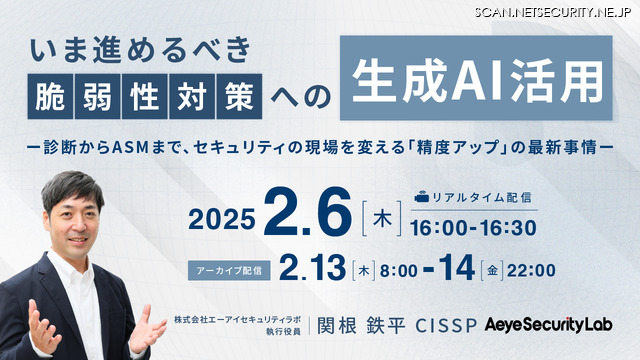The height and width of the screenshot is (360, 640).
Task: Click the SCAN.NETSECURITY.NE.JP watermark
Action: [553, 12]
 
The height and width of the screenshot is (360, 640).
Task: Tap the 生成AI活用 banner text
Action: [476, 80]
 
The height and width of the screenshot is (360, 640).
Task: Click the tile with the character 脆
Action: [50, 97]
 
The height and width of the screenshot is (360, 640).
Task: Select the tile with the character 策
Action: [239, 97]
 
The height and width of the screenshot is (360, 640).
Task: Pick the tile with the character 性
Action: [144, 97]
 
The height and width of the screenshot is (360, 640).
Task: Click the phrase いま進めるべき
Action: [140, 50]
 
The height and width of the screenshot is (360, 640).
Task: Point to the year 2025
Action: [222, 220]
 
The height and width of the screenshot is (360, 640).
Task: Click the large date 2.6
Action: [307, 212]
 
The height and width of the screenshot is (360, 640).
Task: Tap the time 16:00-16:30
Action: [473, 228]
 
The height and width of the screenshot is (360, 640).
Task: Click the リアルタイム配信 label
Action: [481, 198]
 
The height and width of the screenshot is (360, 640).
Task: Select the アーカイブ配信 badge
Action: [229, 270]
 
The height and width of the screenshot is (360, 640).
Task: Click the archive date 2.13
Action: [312, 268]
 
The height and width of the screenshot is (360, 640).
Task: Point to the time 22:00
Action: [531, 270]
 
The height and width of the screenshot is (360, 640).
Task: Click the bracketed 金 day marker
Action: [492, 270]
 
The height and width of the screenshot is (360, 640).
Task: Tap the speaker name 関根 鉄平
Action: [361, 326]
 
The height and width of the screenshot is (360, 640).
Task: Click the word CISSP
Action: [446, 326]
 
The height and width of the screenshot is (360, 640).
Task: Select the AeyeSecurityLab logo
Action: [549, 325]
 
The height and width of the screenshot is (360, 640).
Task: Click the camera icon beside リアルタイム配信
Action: [422, 198]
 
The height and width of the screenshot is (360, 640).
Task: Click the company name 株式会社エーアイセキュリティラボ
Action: [237, 320]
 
